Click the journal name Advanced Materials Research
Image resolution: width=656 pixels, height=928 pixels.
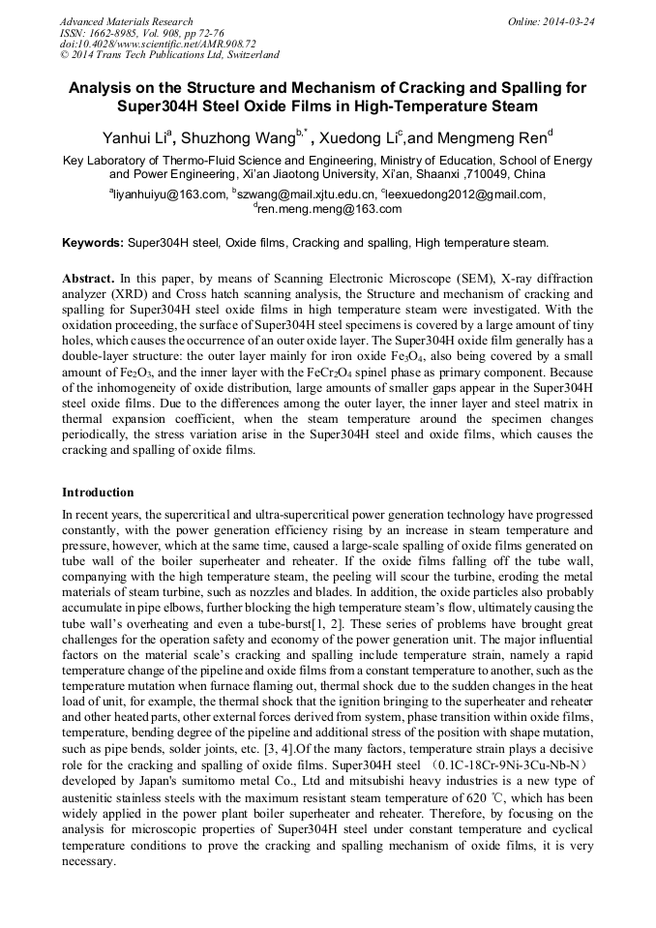pos(126,21)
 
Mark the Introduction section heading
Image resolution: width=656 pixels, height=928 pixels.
pos(98,493)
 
